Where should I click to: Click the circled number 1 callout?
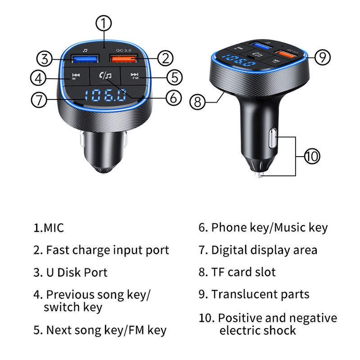(x=103, y=23)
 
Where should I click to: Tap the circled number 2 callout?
(x=165, y=58)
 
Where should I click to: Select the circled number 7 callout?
(x=39, y=100)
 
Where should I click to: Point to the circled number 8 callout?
(x=198, y=102)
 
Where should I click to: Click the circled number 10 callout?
(x=312, y=156)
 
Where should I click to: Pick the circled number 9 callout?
(x=322, y=57)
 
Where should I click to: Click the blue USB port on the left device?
(x=85, y=59)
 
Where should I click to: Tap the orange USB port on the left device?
(x=124, y=59)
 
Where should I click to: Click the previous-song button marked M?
(x=76, y=76)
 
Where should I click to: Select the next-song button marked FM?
(x=134, y=76)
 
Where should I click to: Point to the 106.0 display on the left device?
(x=105, y=95)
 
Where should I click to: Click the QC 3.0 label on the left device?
(x=124, y=50)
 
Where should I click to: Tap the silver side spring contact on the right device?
(x=273, y=138)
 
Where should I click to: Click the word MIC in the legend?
(x=54, y=228)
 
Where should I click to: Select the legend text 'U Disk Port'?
(x=76, y=272)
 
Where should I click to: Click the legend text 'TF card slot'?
(x=243, y=272)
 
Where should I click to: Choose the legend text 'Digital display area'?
(x=264, y=250)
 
